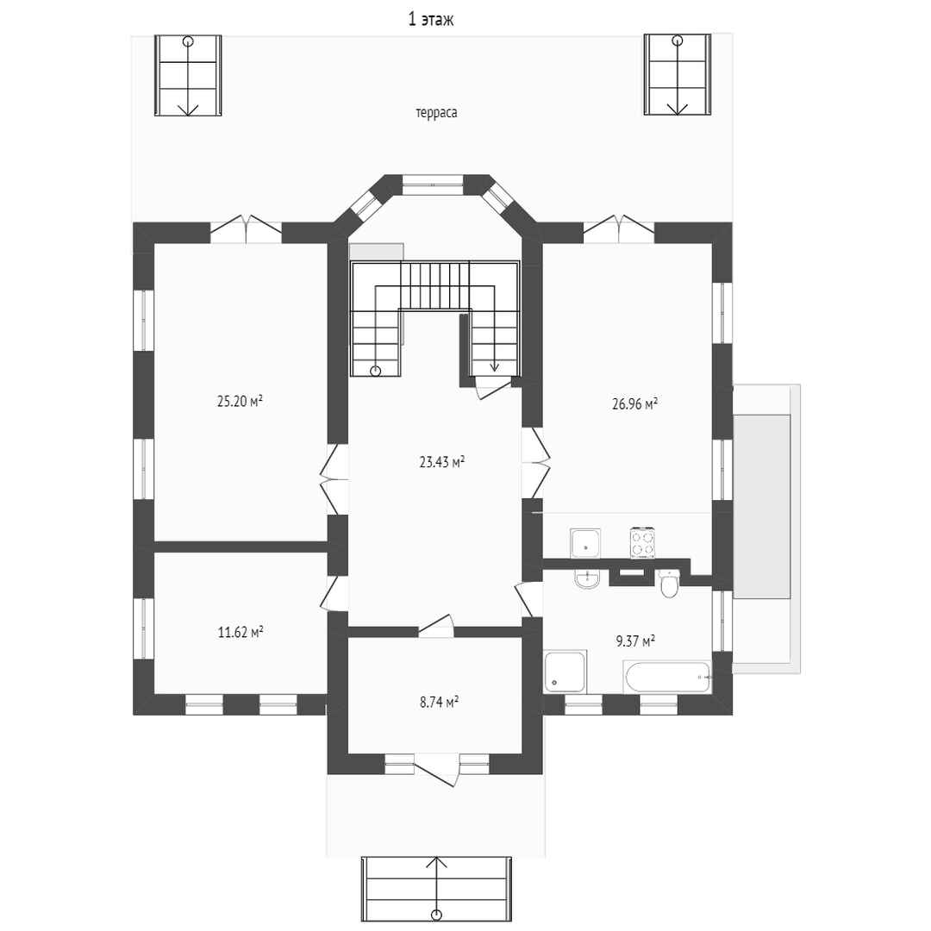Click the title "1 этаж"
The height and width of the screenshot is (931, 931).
[x=431, y=20]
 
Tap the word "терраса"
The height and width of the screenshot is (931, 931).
[x=436, y=113]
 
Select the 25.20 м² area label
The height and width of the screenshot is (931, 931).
[x=240, y=402]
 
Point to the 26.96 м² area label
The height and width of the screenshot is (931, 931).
[x=634, y=404]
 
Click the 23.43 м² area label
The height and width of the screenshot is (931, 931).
[x=441, y=462]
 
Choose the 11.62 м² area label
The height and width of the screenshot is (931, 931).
[x=241, y=633]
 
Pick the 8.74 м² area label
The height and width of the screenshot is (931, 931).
[x=439, y=703]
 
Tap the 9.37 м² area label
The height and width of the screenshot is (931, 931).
[x=635, y=641]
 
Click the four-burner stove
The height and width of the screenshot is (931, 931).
[x=642, y=543]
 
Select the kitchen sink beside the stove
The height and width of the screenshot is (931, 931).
[x=585, y=543]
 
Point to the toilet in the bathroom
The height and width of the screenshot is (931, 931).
[x=669, y=583]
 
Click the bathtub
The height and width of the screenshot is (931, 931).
[x=666, y=677]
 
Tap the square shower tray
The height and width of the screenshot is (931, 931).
[x=565, y=671]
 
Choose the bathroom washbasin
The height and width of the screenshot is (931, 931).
[x=587, y=579]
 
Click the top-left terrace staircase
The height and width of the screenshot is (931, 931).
[x=188, y=75]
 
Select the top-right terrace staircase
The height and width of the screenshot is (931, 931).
[x=678, y=75]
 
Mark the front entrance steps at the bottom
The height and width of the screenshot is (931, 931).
[x=436, y=888]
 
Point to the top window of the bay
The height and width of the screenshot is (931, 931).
[x=433, y=184]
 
